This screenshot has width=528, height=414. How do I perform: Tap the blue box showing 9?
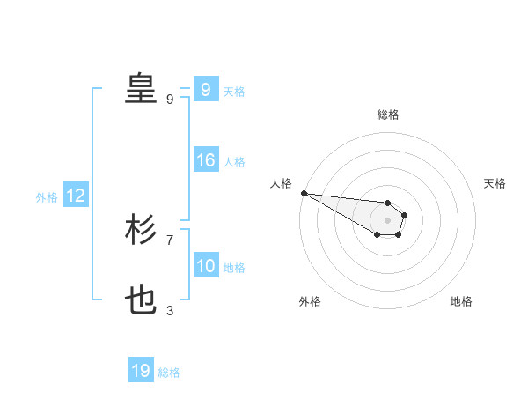(x=205, y=89)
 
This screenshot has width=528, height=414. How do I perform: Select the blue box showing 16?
(x=205, y=160)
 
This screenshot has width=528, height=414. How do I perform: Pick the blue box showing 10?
(x=205, y=266)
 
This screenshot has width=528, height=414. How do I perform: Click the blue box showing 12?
(x=75, y=196)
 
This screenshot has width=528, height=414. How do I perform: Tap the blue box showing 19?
(x=141, y=371)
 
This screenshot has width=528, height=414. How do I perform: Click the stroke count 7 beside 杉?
(x=170, y=240)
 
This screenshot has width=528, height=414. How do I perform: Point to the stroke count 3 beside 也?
(x=170, y=310)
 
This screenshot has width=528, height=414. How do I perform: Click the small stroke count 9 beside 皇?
(x=170, y=99)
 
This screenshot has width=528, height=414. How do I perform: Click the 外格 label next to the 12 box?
(x=47, y=197)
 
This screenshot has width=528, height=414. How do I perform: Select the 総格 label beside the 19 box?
(x=169, y=373)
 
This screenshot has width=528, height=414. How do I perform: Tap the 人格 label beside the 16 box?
(x=234, y=162)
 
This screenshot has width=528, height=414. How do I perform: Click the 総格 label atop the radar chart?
(x=388, y=115)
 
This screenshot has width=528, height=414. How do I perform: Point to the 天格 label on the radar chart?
(x=495, y=183)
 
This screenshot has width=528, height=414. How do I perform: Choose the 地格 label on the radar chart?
(x=461, y=301)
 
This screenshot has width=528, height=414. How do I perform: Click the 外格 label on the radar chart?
(x=310, y=301)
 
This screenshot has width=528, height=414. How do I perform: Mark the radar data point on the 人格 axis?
(x=303, y=193)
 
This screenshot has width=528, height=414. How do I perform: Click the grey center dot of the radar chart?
(x=387, y=220)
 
